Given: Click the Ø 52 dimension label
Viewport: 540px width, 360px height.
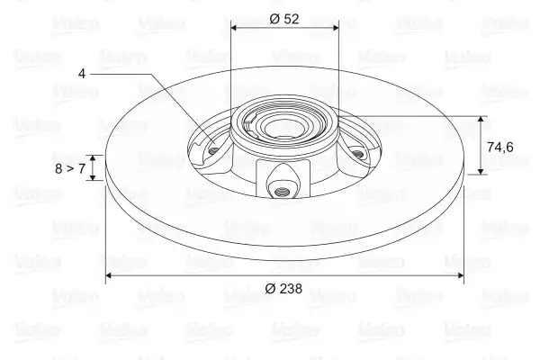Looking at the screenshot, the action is [x=284, y=19].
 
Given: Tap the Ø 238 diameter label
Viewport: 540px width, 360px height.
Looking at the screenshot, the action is [x=283, y=288].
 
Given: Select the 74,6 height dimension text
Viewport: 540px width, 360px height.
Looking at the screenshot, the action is [x=500, y=147].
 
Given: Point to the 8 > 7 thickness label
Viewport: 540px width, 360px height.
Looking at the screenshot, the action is [x=70, y=168].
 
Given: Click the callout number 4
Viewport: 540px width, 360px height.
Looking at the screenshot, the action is [x=82, y=74].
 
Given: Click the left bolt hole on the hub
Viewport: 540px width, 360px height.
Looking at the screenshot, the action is [x=214, y=150].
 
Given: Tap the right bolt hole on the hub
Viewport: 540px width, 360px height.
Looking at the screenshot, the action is [x=358, y=154].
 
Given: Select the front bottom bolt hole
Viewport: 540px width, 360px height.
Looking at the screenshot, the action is [x=282, y=191].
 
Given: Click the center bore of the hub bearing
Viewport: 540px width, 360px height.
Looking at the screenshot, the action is [x=280, y=129].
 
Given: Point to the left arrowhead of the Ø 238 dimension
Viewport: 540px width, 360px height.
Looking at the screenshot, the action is [x=109, y=274].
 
